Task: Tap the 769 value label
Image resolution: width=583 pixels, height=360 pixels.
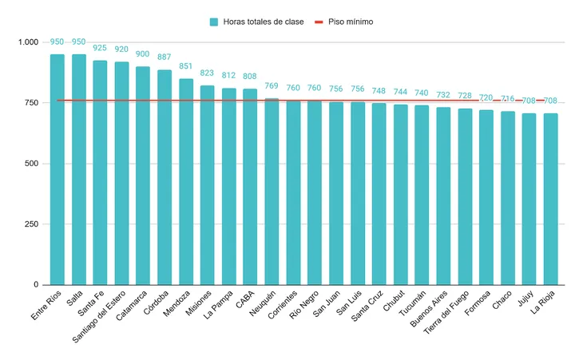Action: (x=272, y=86)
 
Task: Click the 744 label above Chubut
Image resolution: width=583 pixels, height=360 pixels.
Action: (x=400, y=92)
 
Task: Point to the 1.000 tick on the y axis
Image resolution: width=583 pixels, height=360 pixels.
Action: (x=28, y=42)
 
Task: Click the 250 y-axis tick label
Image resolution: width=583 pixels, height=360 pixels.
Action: (x=32, y=224)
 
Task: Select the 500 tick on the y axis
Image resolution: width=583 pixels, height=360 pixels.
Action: (x=32, y=164)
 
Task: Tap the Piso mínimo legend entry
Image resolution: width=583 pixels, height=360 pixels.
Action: (x=343, y=22)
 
